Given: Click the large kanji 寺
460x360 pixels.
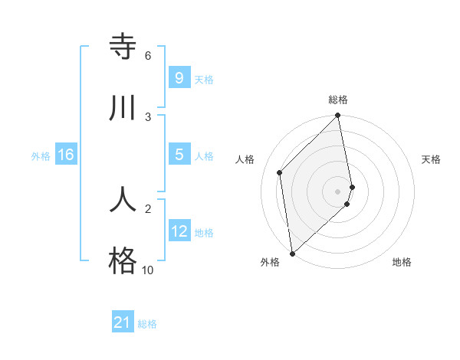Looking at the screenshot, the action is coord(123,47).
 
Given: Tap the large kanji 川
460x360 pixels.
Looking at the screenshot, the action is coord(123,108).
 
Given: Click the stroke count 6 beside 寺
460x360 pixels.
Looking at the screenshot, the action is coord(147,56).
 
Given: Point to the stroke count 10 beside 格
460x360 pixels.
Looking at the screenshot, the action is coord(147,270).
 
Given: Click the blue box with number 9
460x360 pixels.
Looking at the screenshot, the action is coord(179,78).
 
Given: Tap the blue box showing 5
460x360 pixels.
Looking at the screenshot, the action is coord(179,155).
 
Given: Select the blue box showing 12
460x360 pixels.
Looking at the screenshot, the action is coord(179,231).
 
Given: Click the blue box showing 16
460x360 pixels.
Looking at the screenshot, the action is coord(66,155).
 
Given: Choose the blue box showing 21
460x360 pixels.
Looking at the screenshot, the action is coord(123,322).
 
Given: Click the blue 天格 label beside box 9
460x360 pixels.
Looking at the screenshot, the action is coord(204,80).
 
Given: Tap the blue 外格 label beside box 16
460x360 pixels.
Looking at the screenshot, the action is coord(41,156).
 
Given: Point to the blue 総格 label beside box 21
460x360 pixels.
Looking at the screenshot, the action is coord(147,324).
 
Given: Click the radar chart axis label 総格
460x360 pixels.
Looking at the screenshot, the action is coord(338,100).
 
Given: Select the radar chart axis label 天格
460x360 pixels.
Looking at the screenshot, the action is coord(432,159).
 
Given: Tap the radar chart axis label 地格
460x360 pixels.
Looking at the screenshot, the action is coord(402,262).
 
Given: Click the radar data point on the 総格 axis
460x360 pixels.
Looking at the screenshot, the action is coord(338,116).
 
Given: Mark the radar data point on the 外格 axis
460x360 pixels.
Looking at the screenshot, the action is coord(291,254).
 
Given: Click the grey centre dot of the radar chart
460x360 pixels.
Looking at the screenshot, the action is coord(338,191).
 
